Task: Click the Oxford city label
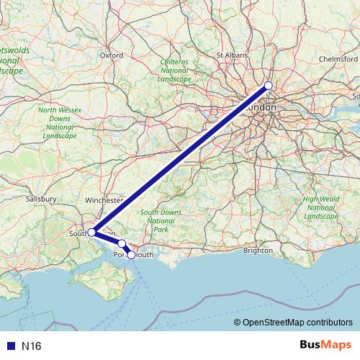112,55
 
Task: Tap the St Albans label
232,55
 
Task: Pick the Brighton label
258,251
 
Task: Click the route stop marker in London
269,86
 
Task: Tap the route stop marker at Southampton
91,233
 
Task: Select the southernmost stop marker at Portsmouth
130,254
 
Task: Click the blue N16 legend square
9,346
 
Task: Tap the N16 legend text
30,346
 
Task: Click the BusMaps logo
325,346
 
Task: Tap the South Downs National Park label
160,220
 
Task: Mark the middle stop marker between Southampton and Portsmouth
122,244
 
